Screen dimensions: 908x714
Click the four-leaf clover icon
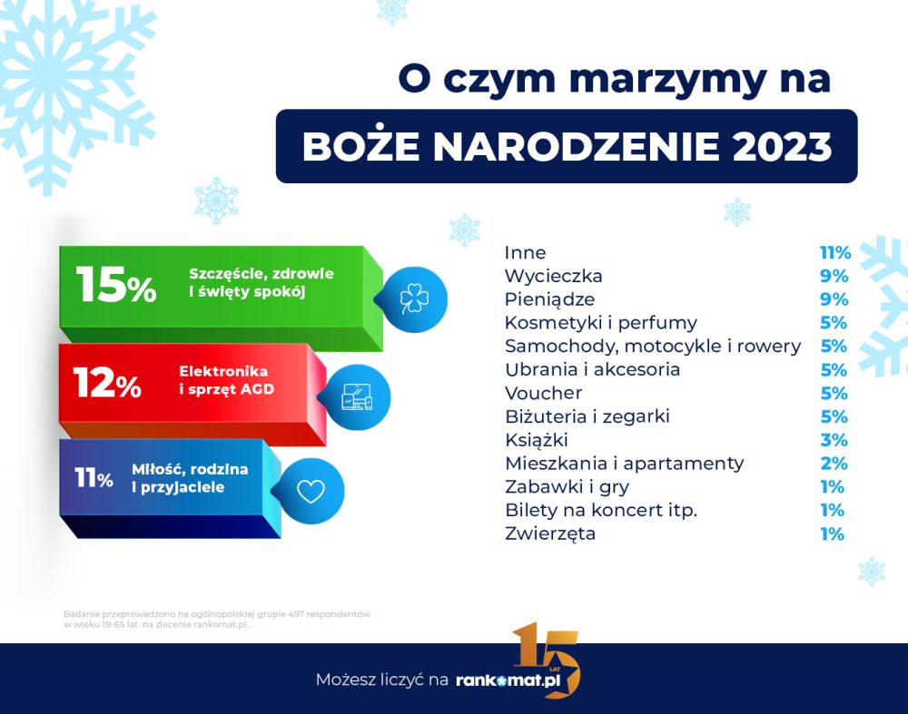coord(415,299)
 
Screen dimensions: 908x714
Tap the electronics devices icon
coord(357,397)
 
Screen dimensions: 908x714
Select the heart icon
coord(311,491)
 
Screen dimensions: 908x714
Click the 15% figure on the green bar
coord(116,285)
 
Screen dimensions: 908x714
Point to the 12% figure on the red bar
coord(107,383)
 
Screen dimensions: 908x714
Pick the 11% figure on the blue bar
coord(94,478)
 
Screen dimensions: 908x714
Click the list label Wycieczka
coord(553,276)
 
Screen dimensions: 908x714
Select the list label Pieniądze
coord(549,299)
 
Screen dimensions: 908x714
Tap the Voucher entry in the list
coord(543,393)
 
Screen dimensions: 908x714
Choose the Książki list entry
coord(537,440)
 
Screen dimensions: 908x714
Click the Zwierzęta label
coord(550,533)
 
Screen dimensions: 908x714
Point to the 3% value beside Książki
coord(834,440)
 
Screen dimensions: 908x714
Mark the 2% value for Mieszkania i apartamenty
coord(834,464)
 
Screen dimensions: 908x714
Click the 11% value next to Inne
coord(835,253)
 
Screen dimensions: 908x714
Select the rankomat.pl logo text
coord(508,680)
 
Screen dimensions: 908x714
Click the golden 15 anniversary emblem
coord(547,660)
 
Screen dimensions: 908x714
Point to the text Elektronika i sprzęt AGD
coord(226,380)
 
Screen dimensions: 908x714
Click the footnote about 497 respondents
coord(217,619)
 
